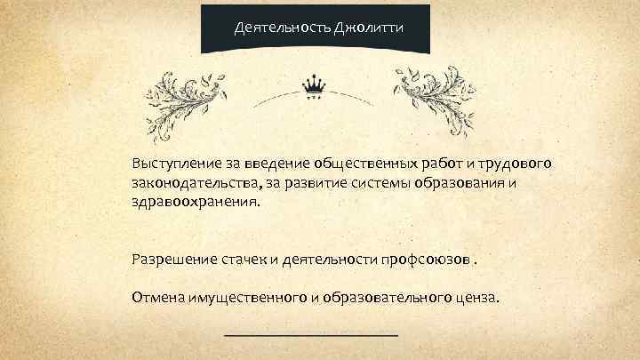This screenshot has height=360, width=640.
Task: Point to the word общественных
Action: [366, 164]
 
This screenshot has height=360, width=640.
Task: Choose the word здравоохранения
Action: [196, 202]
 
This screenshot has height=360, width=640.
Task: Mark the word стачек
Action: [244, 260]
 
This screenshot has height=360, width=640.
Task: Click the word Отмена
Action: [157, 297]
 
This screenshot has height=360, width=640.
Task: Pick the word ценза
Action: [477, 297]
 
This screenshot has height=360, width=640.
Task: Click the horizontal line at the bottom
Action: [310, 335]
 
